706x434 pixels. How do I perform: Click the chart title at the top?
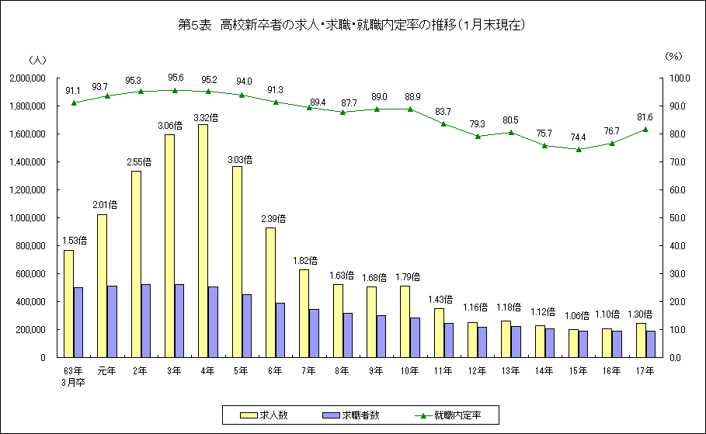tap(353, 26)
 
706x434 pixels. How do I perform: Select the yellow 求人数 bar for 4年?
tap(203, 241)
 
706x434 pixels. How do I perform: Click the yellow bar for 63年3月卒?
tap(68, 304)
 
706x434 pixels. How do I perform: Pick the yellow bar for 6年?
tap(270, 292)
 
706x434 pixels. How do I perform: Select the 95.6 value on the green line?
tap(176, 78)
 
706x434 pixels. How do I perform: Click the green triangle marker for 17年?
tap(645, 130)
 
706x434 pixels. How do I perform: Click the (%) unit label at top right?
tap(673, 57)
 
